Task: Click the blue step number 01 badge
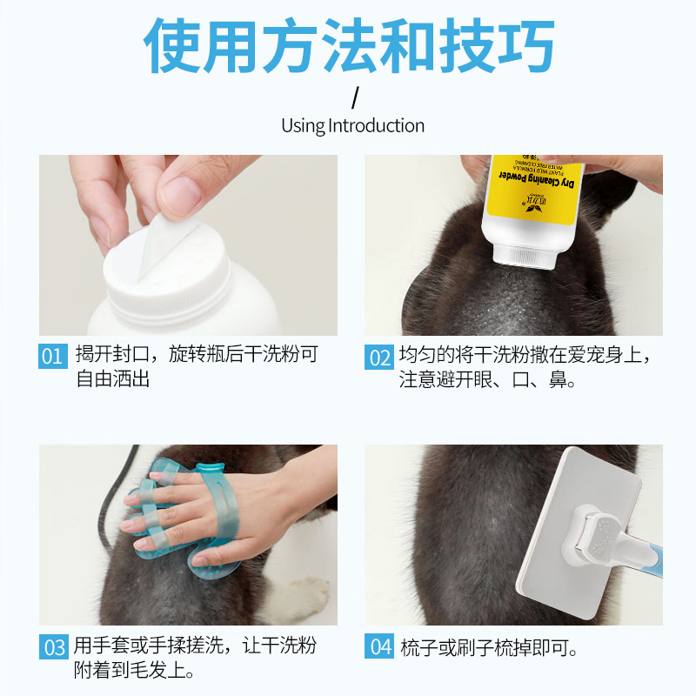point(52,357)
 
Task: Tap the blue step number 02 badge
point(378,357)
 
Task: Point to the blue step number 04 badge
point(378,647)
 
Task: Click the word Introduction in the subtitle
point(376,125)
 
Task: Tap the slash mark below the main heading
point(354,94)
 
